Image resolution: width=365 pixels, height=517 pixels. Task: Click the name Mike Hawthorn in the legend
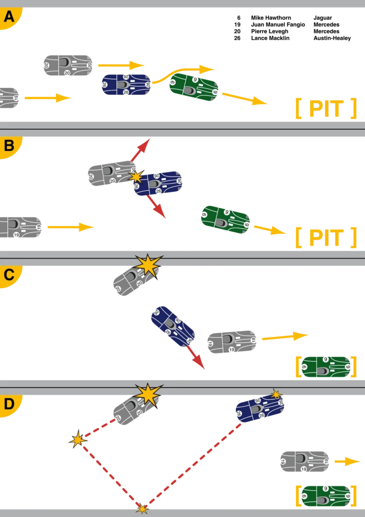tap(271, 18)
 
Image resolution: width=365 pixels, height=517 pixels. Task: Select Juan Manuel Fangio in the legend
tap(278, 25)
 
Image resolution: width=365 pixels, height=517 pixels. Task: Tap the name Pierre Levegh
tap(270, 31)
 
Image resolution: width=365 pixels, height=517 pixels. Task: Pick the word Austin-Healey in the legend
tap(332, 38)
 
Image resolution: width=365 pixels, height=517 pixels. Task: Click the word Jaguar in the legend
tap(323, 18)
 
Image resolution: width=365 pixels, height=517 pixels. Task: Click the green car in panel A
tap(194, 88)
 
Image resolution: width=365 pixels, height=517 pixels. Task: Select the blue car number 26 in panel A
tap(127, 85)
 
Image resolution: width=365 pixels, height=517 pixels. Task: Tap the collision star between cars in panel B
tap(136, 177)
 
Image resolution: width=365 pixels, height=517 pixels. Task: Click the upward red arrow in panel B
tap(141, 150)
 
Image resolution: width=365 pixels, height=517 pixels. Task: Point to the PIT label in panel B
tap(326, 237)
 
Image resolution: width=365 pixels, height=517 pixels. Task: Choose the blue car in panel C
tap(173, 327)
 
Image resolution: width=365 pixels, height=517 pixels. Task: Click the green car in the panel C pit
tap(326, 367)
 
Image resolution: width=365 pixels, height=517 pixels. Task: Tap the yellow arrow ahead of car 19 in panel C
tap(285, 337)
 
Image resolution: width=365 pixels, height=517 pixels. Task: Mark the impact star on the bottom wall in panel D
tap(142, 509)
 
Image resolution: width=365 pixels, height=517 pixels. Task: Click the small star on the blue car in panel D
tap(276, 394)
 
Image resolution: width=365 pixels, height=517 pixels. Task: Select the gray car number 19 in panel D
tap(305, 461)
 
